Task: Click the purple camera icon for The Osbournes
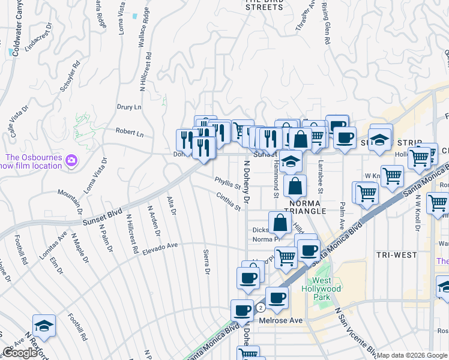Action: (71, 160)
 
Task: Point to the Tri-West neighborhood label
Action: (396, 255)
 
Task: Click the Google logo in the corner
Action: (20, 352)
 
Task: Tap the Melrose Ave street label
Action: (280, 320)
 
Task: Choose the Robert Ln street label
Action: (130, 133)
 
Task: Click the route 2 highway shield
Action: (261, 307)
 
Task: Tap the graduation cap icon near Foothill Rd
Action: (44, 326)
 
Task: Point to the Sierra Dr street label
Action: (206, 262)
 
